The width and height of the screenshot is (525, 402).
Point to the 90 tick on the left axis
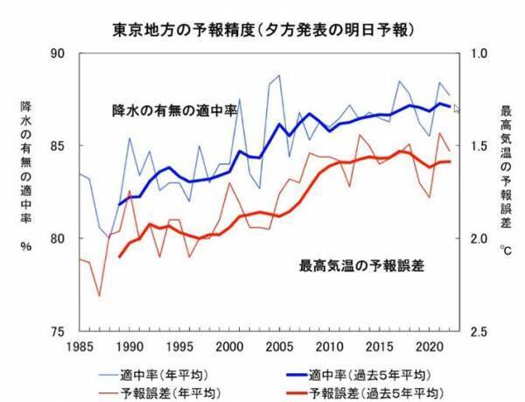(x=59, y=53)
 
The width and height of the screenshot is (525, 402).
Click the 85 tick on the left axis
(x=59, y=145)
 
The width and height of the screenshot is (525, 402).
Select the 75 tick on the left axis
(x=59, y=332)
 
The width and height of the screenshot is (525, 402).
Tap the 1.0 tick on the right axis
(x=480, y=53)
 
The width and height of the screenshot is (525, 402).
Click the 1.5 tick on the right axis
(x=480, y=145)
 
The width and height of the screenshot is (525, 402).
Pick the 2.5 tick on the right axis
(x=480, y=332)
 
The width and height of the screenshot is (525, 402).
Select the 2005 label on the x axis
(x=278, y=347)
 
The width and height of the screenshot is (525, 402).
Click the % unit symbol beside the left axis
(x=26, y=247)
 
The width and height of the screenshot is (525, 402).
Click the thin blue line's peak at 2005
(x=279, y=75)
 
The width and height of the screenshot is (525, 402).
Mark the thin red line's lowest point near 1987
(x=99, y=295)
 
